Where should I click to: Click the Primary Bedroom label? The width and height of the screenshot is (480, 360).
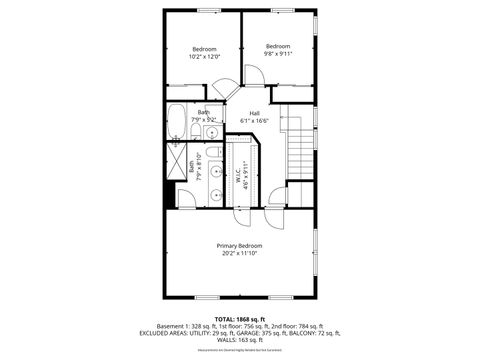[x=240, y=245]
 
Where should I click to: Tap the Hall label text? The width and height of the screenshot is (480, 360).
[x=255, y=112]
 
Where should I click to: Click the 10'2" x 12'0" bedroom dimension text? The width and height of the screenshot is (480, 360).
[x=204, y=57]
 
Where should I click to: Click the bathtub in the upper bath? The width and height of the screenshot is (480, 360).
[x=176, y=120]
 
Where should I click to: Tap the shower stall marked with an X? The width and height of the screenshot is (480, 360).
[x=177, y=163]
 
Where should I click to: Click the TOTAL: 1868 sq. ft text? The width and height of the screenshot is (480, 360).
[x=240, y=318]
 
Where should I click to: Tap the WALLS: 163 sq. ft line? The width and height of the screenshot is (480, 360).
[x=240, y=341]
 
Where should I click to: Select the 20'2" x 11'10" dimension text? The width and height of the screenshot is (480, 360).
[x=240, y=253]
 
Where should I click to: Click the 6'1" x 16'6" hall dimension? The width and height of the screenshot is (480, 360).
[x=255, y=120]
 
